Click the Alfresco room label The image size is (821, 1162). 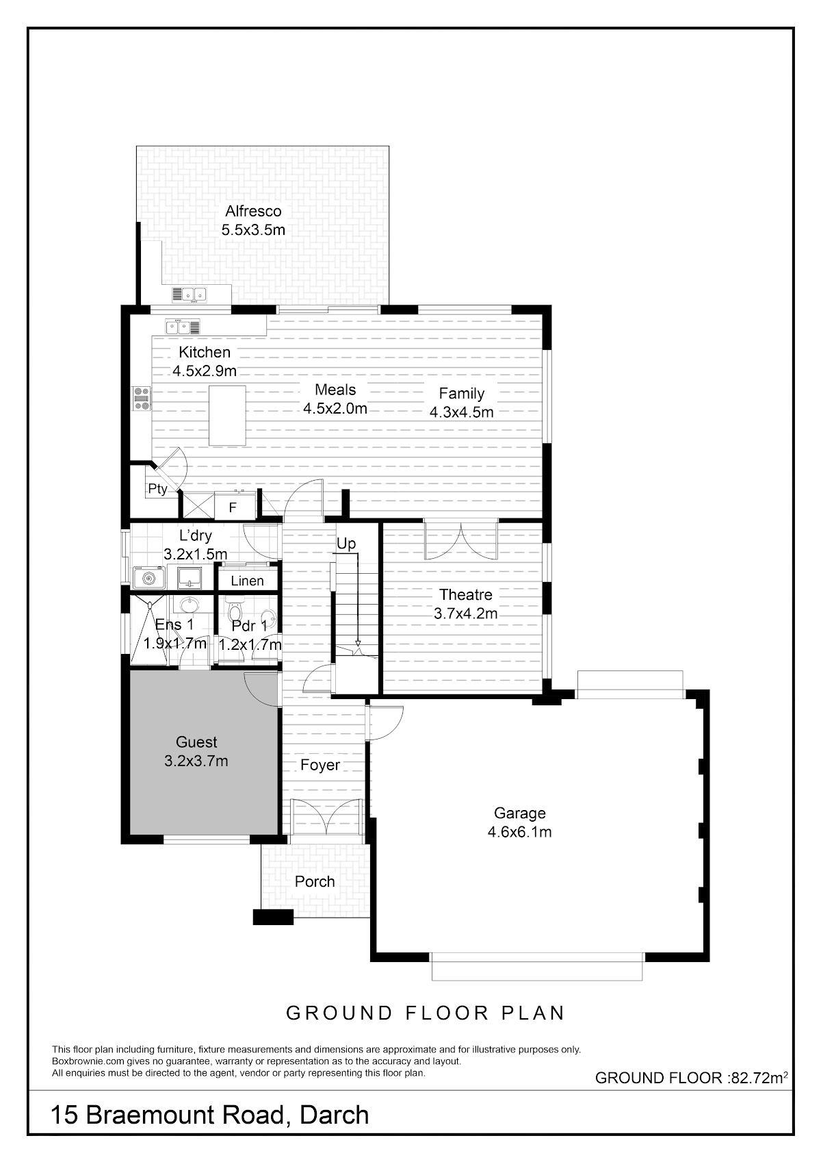click(253, 211)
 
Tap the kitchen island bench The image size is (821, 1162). click(227, 416)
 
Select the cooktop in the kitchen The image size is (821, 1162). click(141, 399)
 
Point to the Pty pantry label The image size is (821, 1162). click(157, 489)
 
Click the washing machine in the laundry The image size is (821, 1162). click(148, 577)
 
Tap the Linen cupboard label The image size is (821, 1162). click(247, 581)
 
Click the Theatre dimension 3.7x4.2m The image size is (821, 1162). click(465, 614)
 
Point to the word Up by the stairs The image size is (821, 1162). click(346, 544)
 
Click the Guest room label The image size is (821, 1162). click(196, 742)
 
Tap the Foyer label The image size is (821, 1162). click(320, 765)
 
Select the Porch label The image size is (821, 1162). click(315, 881)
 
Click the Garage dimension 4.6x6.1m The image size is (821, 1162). click(519, 832)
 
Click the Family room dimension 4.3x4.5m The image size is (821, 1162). click(461, 412)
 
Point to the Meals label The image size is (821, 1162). click(335, 390)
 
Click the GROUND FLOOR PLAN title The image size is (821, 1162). click(426, 1013)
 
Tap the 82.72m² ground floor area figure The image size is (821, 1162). click(758, 1078)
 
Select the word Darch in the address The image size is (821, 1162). click(335, 1115)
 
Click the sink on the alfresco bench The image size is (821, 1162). click(190, 294)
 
